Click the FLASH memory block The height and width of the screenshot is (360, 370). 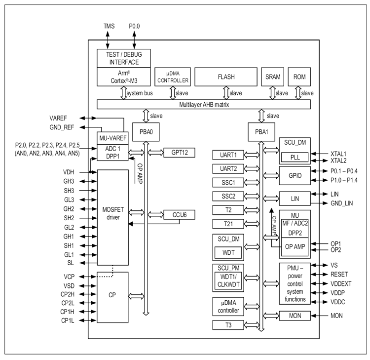(226, 77)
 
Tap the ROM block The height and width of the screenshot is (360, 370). (299, 77)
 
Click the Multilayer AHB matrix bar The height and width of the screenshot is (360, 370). (204, 104)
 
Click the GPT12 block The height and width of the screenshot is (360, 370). (179, 153)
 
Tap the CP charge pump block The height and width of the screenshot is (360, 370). (112, 295)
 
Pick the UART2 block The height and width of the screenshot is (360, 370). (228, 169)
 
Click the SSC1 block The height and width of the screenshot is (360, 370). (228, 183)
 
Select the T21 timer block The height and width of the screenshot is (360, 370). (228, 224)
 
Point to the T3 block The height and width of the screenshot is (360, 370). (228, 325)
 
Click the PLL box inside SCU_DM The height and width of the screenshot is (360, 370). (295, 158)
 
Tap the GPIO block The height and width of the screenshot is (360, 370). (295, 175)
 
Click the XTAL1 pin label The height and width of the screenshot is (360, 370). (338, 154)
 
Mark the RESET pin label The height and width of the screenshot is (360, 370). (339, 275)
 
